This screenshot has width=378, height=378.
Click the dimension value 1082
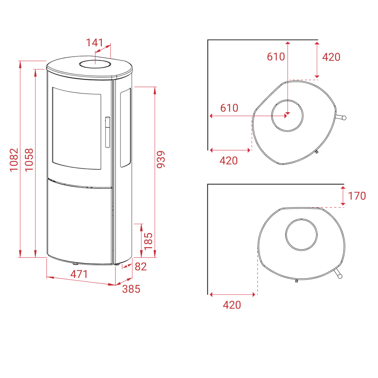(14, 160)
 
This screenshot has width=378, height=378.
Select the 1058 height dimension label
(29, 160)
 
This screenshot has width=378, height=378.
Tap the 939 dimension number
(161, 159)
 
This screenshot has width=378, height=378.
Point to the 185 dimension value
(148, 241)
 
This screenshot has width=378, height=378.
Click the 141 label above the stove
(95, 42)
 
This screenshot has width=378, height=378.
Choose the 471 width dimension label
(79, 274)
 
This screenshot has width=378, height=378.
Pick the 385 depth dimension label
(131, 289)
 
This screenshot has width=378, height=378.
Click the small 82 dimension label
(141, 267)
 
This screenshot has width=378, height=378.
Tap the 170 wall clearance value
(357, 196)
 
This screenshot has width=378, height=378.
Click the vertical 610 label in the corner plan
(276, 57)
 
